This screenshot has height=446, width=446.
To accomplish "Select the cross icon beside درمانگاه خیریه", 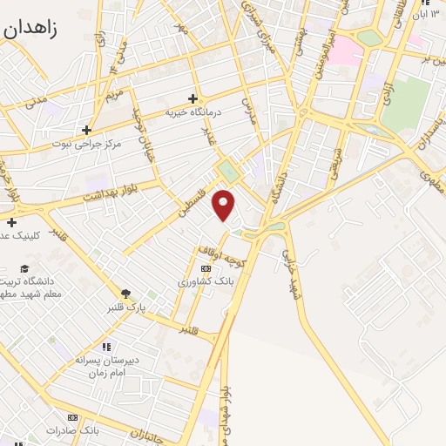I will [193, 98].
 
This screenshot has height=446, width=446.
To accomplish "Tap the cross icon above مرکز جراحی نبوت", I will [87, 130].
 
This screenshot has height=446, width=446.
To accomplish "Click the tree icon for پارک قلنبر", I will [125, 294].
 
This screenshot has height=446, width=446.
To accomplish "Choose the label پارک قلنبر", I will [126, 308].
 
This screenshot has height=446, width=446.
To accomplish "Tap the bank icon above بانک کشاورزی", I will [206, 268].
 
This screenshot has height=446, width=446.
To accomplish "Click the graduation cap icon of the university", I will [24, 268].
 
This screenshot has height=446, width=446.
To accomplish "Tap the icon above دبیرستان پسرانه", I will [106, 347].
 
